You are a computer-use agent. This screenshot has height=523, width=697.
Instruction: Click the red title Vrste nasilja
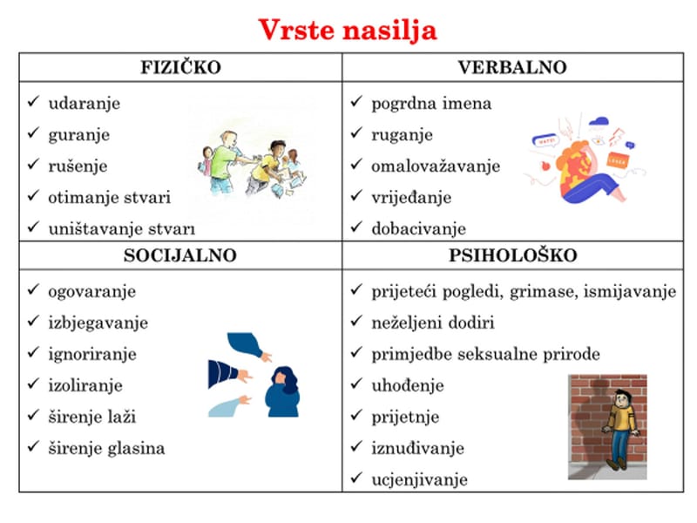(348, 31)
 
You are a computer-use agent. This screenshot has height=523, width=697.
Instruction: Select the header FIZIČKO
(180, 67)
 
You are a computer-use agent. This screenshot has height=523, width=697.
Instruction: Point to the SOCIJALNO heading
(180, 256)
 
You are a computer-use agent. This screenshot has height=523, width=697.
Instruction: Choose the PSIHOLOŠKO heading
(513, 256)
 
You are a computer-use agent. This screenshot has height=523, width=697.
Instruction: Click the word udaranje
(85, 104)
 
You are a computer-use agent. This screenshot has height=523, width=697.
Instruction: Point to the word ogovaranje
(92, 291)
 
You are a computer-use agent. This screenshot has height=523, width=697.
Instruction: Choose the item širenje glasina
(106, 448)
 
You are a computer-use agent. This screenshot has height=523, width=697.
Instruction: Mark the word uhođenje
(408, 385)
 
